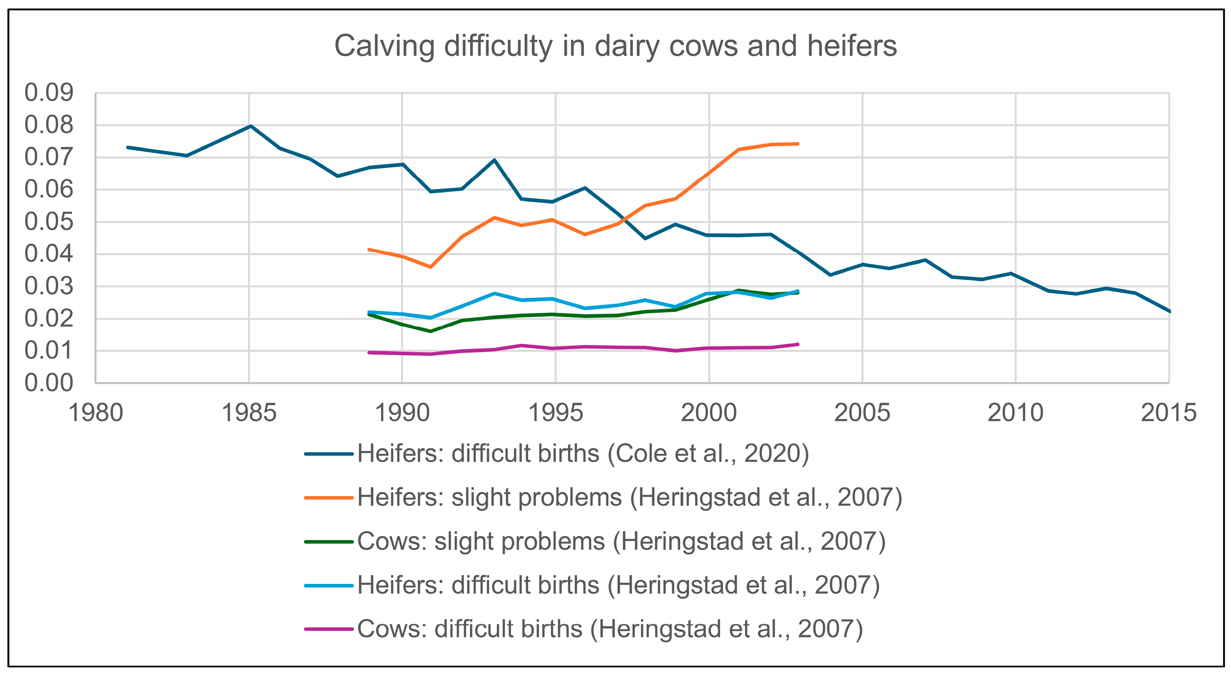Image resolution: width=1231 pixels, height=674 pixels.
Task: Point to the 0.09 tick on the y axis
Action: coord(49,93)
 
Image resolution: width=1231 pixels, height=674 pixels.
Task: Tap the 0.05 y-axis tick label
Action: coord(49,222)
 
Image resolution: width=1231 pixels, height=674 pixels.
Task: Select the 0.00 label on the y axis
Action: coord(49,383)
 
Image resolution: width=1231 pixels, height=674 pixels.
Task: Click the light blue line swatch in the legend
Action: coord(329,585)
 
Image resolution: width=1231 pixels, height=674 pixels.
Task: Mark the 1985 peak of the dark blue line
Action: coord(251,126)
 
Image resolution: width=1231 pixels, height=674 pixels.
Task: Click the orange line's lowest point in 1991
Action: coord(430,267)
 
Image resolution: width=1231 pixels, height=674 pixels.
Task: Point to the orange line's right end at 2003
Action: coord(798,144)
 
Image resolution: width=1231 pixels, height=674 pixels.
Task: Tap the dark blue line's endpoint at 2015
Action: coord(1168,311)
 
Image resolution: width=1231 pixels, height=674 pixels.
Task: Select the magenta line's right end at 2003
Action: coord(798,345)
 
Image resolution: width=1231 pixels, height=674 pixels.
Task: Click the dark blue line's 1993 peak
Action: coord(494,160)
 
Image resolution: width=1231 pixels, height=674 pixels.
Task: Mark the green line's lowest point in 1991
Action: coord(430,331)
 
